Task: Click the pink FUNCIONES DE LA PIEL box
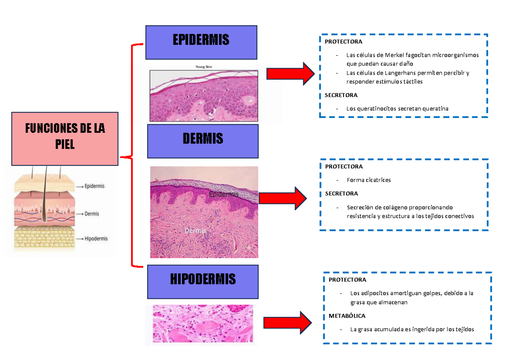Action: (64, 138)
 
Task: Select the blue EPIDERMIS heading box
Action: (201, 42)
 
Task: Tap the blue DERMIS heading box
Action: (203, 141)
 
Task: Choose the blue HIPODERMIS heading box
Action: (203, 282)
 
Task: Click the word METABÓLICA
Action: (347, 316)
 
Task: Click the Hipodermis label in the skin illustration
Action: (96, 239)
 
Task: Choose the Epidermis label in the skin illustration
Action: (94, 186)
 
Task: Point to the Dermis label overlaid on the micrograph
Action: (195, 231)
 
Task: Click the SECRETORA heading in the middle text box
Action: (341, 193)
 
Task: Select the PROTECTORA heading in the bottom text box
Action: (347, 280)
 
